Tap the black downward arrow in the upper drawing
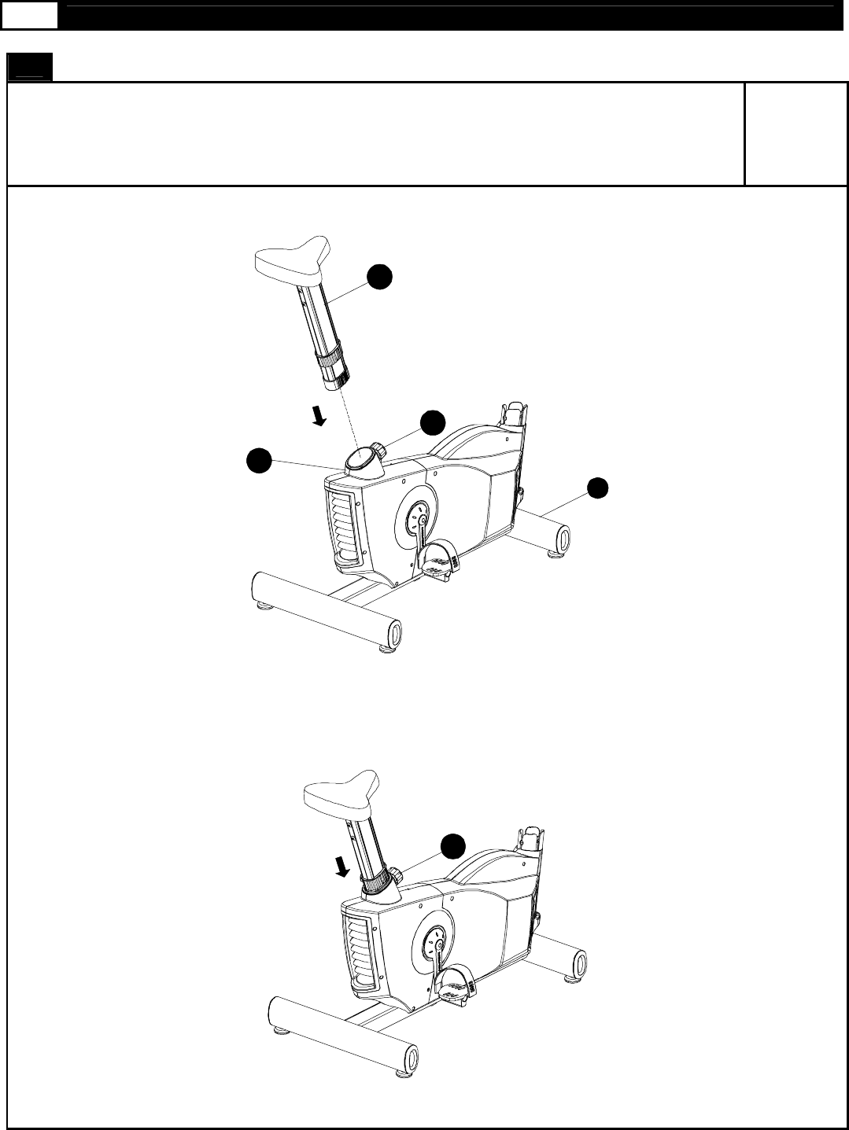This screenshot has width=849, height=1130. (318, 414)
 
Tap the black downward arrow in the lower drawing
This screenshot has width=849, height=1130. (341, 867)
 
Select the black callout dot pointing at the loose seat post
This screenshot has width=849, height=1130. (381, 277)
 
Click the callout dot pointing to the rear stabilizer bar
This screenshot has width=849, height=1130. (598, 488)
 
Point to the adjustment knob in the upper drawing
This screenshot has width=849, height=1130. (378, 451)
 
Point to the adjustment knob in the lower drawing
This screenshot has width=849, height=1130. (398, 871)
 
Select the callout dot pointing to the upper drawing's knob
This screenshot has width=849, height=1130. (432, 422)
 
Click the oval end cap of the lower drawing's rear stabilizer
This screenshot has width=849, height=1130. (579, 963)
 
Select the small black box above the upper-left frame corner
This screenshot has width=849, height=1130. (29, 68)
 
